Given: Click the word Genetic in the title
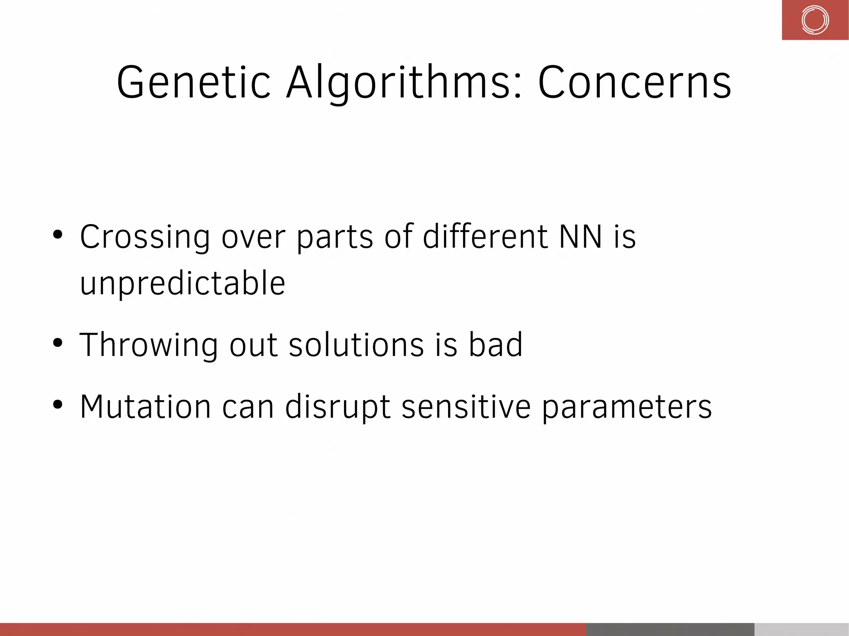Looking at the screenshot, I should (194, 83).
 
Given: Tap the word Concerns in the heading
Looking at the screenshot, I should (634, 83).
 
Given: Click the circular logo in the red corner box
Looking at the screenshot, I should (815, 20).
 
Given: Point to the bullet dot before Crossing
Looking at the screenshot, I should (58, 235).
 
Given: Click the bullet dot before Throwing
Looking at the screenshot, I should (58, 343).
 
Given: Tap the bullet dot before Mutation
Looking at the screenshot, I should (58, 405).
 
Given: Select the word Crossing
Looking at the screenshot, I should (145, 237).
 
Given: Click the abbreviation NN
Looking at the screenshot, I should (580, 237).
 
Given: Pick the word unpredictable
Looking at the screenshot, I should (182, 284).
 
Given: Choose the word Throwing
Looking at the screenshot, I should (148, 345).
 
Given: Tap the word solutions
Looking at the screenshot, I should (356, 345).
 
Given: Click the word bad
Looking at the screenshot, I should (495, 345).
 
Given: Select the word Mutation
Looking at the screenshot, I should (145, 407).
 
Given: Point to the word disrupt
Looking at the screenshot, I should (337, 407).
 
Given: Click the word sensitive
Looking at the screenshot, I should (466, 407).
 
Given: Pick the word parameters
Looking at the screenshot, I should (627, 407).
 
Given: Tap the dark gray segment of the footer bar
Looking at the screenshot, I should (670, 629).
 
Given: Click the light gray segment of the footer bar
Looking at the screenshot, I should (801, 629).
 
